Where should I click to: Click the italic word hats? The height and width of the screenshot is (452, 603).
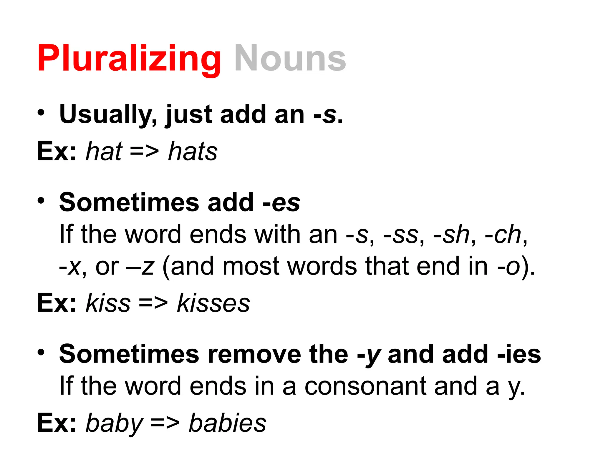tap(193, 152)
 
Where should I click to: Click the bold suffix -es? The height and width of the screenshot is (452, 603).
tap(281, 203)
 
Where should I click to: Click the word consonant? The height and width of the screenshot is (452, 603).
tap(365, 386)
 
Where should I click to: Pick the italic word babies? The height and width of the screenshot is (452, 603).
tap(227, 423)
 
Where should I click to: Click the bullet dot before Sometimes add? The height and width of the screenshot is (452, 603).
tap(41, 201)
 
